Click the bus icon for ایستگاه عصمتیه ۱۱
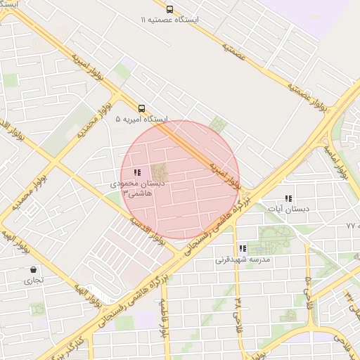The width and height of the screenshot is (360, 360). pyautogui.click(x=169, y=9)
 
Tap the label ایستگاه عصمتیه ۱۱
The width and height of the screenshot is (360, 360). pyautogui.click(x=169, y=20)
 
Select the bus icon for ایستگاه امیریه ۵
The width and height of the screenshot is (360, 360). pyautogui.click(x=141, y=108)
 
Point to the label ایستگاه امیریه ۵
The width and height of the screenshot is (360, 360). pyautogui.click(x=141, y=120)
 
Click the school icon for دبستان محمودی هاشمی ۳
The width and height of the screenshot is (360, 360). pyautogui.click(x=137, y=172)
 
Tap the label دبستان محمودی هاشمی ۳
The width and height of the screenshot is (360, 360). pyautogui.click(x=138, y=187)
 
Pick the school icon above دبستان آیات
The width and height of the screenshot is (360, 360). pyautogui.click(x=288, y=199)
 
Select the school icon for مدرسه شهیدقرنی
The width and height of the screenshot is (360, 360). pyautogui.click(x=243, y=248)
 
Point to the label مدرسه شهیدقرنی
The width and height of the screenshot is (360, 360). pyautogui.click(x=243, y=259)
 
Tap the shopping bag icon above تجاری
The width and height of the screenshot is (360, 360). pyautogui.click(x=34, y=269)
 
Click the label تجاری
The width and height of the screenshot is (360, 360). pyautogui.click(x=34, y=280)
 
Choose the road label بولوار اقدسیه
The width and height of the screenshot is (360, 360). pyautogui.click(x=147, y=229)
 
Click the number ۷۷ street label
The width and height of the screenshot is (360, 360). pyautogui.click(x=352, y=225)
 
